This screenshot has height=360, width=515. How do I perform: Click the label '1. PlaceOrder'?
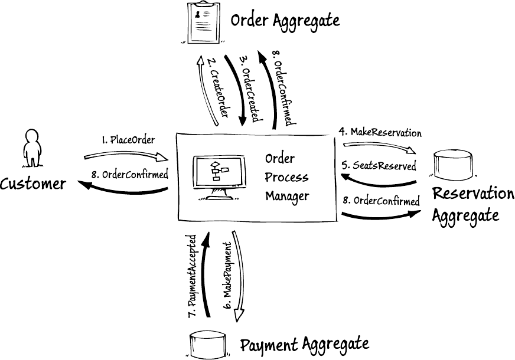(128, 140)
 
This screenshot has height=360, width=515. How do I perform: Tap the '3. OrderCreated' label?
(250, 89)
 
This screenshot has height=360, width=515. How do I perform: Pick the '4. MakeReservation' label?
(380, 132)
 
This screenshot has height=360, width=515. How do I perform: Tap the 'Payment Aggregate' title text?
(304, 343)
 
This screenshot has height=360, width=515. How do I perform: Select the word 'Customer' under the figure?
(33, 184)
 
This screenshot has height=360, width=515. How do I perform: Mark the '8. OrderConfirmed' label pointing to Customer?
(131, 175)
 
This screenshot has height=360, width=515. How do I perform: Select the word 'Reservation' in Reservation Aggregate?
(473, 194)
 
